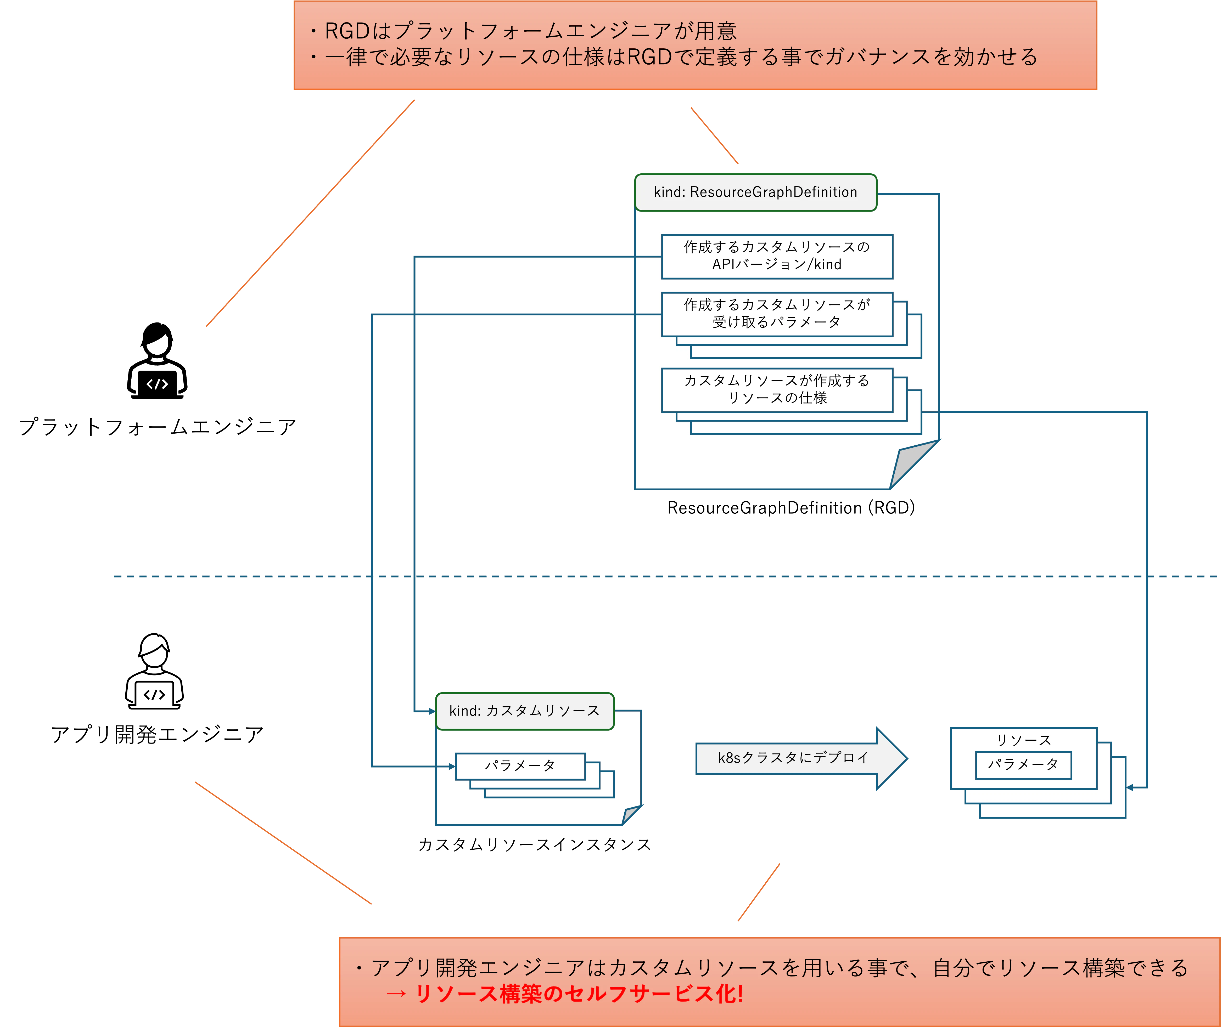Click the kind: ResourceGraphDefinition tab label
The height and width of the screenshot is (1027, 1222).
click(755, 192)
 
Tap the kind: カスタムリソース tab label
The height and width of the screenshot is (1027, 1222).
click(524, 711)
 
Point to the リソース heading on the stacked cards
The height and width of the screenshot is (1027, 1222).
click(1023, 740)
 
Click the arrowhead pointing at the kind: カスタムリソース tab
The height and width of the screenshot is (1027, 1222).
click(431, 711)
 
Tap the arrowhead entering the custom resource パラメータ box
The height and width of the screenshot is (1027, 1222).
click(451, 766)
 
